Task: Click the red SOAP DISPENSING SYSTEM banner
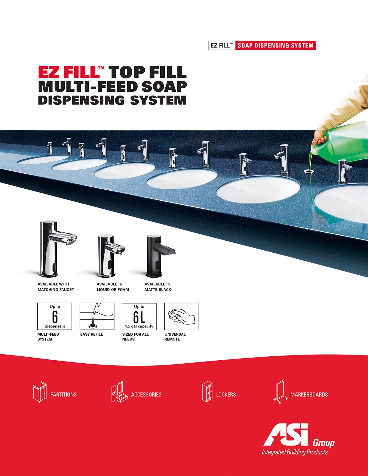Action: [275, 46]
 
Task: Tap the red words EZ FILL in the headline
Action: [69, 72]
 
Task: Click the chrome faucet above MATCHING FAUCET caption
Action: [57, 249]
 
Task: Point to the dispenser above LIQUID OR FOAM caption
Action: [111, 255]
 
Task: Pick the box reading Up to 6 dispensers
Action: [55, 316]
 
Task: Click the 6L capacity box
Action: [139, 316]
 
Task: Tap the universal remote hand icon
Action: [182, 316]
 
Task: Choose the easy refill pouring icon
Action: [97, 316]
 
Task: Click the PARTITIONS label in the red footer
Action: [63, 395]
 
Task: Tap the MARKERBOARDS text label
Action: [309, 395]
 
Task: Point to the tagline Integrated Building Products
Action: [295, 452]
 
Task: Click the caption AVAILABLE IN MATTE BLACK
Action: [158, 287]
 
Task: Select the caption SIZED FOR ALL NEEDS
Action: [136, 337]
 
